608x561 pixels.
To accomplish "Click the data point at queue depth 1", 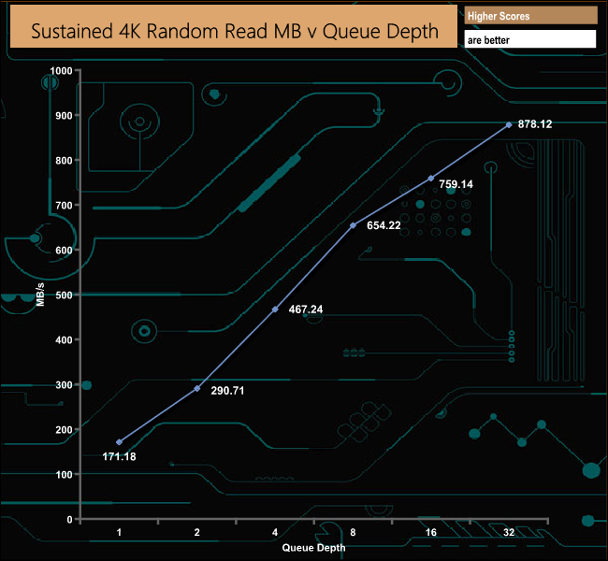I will click(x=120, y=441).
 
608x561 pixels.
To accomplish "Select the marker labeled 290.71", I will click(x=197, y=388).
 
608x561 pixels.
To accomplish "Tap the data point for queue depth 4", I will click(x=275, y=309).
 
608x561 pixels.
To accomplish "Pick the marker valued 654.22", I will click(x=353, y=225).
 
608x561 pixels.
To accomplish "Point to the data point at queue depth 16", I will click(x=430, y=178).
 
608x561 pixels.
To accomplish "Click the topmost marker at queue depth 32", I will click(x=509, y=124).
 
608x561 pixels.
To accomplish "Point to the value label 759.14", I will click(x=456, y=185).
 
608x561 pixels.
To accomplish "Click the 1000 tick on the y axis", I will click(x=62, y=71).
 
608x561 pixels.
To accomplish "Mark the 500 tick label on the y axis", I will click(x=64, y=295).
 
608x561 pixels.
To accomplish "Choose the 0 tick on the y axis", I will click(x=69, y=519).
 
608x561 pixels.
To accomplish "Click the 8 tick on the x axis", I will click(x=353, y=532).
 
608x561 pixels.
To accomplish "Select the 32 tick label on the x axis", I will click(x=509, y=532).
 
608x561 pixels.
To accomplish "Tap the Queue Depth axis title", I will click(x=313, y=548).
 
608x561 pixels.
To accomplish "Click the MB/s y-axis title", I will click(x=40, y=295).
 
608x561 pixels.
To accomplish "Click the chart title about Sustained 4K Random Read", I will click(x=235, y=30).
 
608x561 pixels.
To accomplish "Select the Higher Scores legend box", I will click(x=530, y=16).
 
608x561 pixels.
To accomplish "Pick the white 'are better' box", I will click(x=530, y=40).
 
